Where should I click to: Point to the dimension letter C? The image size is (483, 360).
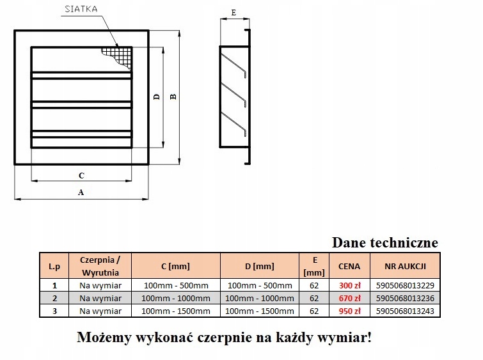(x=81, y=175)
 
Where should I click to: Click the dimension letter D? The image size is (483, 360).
(x=156, y=97)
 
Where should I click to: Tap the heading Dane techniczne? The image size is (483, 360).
(x=385, y=243)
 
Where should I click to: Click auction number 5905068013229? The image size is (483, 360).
(x=406, y=286)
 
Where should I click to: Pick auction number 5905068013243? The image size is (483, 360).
(x=406, y=311)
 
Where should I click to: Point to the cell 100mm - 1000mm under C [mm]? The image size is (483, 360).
(x=175, y=298)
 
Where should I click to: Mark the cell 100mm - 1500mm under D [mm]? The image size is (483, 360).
(x=259, y=311)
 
